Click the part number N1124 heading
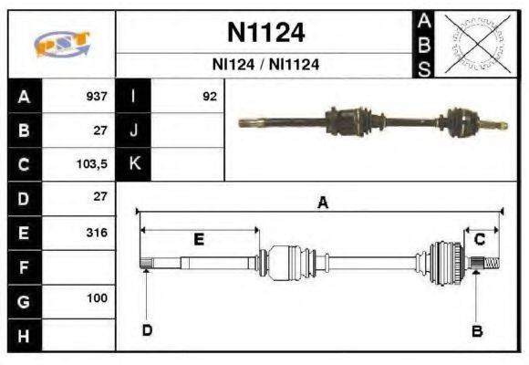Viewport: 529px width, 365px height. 265,34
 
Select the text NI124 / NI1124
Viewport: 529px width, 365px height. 265,66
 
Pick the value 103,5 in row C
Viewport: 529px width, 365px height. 94,164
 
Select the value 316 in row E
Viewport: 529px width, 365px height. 96,233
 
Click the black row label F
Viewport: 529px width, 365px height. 24,266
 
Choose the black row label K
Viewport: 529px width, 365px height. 134,164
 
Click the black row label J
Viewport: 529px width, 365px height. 134,130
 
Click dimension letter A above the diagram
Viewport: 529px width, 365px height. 322,203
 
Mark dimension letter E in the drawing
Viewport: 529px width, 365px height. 198,239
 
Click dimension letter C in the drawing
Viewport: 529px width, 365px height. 479,239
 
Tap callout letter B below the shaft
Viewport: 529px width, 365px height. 476,330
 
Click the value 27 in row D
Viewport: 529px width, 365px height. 100,197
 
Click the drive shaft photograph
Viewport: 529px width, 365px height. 369,121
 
